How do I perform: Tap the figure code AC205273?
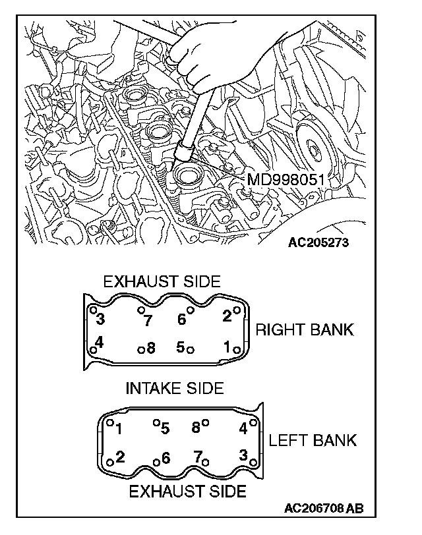[x=318, y=242]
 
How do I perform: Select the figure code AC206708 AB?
[x=324, y=509]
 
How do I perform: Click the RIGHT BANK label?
[x=304, y=329]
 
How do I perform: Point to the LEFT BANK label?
[x=313, y=440]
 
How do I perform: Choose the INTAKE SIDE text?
[x=175, y=387]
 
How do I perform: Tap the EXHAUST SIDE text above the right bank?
[x=162, y=281]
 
